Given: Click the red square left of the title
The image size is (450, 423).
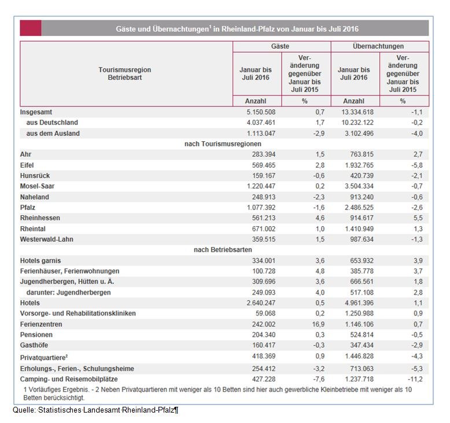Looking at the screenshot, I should click(x=30, y=28).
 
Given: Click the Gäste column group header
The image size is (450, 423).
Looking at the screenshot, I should click(x=281, y=46).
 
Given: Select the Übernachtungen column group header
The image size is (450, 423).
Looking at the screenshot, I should click(x=378, y=46).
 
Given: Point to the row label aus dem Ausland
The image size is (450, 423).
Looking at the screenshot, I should click(x=53, y=133).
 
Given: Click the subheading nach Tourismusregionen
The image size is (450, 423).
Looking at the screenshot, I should click(x=223, y=144).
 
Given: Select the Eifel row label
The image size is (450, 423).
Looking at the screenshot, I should click(x=28, y=165).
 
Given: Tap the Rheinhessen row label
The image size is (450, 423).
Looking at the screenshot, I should click(x=40, y=218).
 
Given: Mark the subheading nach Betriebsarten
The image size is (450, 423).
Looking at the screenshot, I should click(x=223, y=249).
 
